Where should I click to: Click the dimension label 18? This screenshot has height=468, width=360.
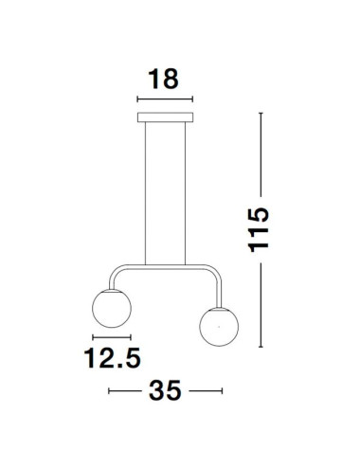click(165, 79)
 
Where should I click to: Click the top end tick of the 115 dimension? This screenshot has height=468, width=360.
click(263, 114)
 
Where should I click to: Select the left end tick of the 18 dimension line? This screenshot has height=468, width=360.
click(138, 99)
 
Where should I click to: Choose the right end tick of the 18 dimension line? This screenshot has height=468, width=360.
click(192, 99)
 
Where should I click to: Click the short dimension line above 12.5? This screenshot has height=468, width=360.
click(109, 337)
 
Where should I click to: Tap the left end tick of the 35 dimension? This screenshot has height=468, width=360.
click(110, 390)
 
